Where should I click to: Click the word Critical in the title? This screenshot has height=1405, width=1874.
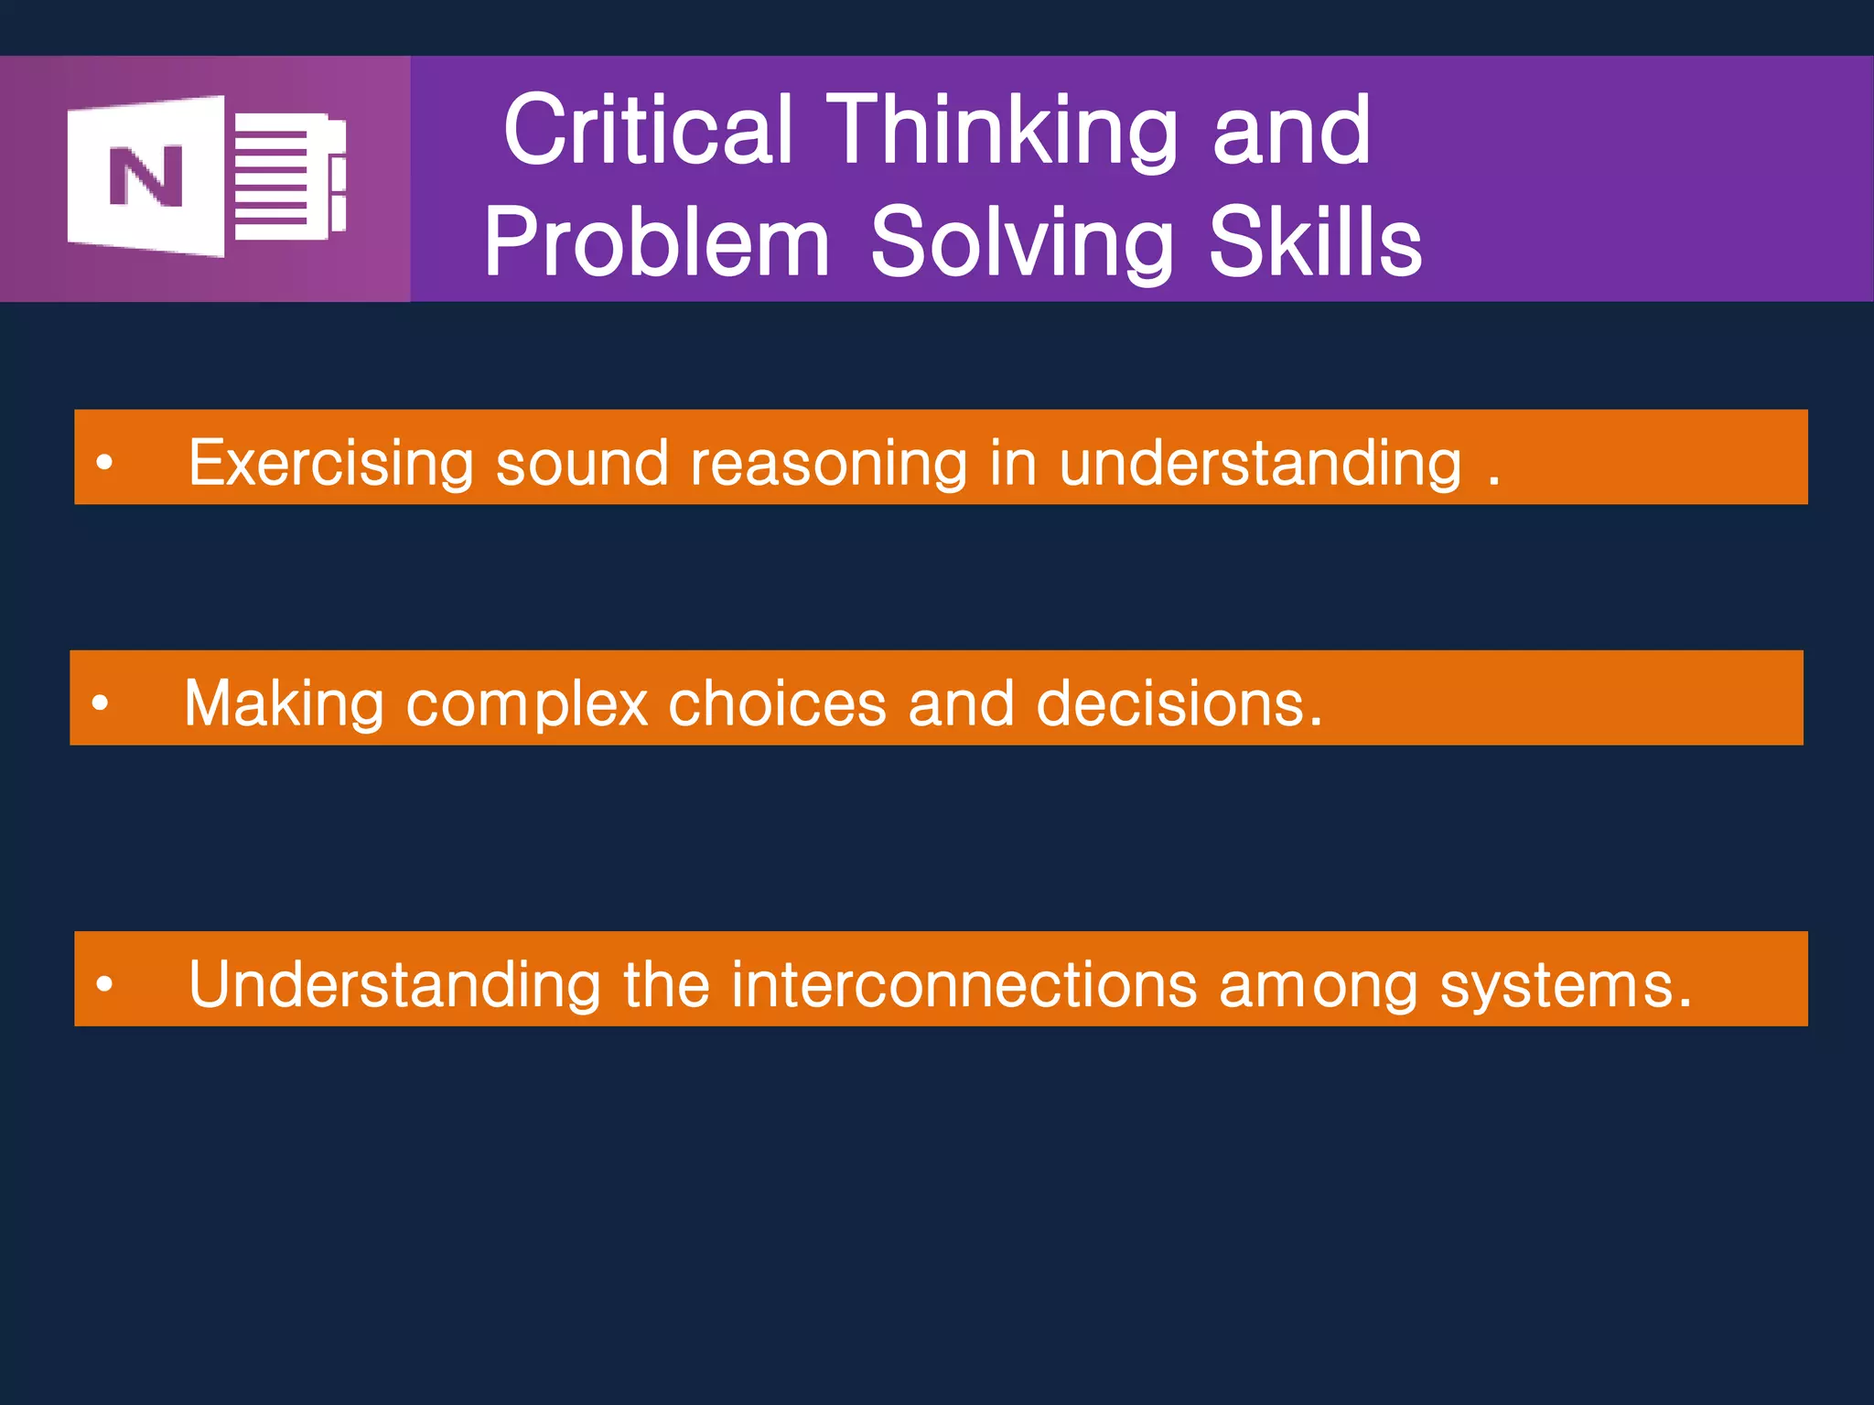647,131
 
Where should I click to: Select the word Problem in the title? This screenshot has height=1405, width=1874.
656,242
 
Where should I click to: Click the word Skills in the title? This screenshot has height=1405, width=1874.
1315,241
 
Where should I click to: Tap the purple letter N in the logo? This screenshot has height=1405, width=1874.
146,176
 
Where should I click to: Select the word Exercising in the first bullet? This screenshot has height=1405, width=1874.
330,463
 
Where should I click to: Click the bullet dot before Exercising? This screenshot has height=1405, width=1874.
104,463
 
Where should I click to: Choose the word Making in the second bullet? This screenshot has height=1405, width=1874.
284,704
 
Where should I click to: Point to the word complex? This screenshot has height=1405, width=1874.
527,705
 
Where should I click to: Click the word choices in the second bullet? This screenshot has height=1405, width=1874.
777,703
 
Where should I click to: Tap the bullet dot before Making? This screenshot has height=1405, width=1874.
100,703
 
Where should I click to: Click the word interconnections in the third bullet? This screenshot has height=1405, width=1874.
964,985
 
